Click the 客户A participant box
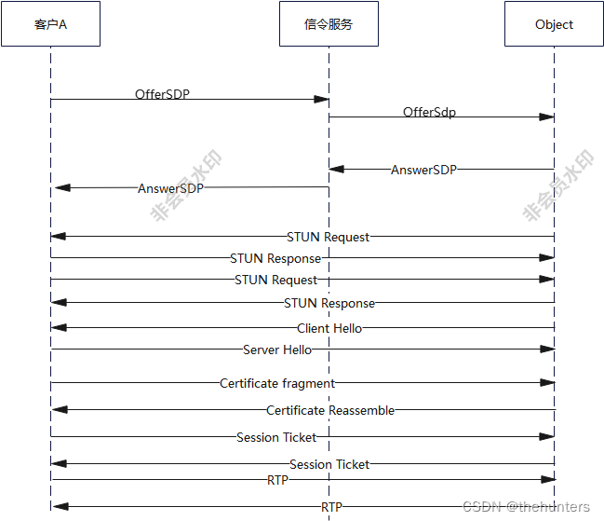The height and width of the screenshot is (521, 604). (50, 24)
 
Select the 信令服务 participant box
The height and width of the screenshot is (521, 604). (329, 24)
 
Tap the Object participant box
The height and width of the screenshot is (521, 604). (554, 24)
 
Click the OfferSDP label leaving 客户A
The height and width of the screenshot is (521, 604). (162, 94)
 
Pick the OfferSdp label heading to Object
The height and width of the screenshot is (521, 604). (429, 113)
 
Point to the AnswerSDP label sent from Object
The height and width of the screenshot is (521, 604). (423, 170)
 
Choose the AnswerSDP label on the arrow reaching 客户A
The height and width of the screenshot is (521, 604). (170, 188)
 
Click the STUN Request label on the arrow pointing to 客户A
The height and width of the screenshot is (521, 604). (328, 237)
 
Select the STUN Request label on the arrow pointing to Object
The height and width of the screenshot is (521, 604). (275, 280)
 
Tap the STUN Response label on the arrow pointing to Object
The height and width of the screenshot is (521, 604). (275, 258)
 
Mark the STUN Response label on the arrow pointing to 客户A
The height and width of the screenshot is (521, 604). (329, 303)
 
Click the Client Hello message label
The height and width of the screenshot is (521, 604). (329, 328)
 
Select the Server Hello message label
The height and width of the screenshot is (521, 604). (277, 350)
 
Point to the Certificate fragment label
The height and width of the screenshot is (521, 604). (277, 383)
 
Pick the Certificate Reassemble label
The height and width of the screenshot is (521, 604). (330, 410)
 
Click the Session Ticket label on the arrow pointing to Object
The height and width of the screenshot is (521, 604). (276, 437)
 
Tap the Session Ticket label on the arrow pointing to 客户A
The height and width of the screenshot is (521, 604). (329, 464)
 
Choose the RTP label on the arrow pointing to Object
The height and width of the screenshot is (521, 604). (277, 480)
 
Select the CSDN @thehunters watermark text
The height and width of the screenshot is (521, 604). (526, 507)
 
